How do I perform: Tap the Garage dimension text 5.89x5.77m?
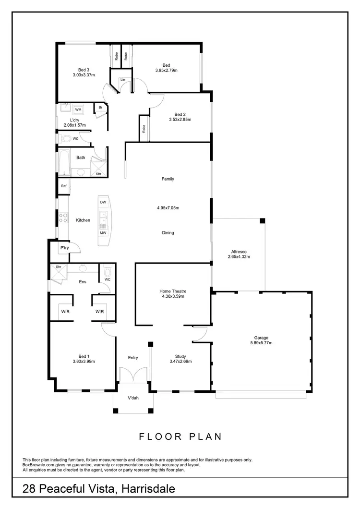point(262,343)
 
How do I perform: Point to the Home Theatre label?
point(173,291)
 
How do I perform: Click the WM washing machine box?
point(78,110)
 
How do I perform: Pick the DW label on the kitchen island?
point(103,202)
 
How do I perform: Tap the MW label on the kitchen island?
point(103,233)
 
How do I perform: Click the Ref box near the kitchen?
point(63,186)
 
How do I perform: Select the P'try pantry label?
point(64,248)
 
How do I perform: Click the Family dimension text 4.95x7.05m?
point(168,208)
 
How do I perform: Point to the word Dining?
point(168,233)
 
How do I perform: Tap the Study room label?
point(180,356)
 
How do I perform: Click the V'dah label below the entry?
point(133,398)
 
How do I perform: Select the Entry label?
point(133,358)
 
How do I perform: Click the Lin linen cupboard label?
point(116,79)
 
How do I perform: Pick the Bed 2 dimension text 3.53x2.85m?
point(180,120)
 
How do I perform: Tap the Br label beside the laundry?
point(100,108)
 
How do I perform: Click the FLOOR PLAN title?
point(180,436)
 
